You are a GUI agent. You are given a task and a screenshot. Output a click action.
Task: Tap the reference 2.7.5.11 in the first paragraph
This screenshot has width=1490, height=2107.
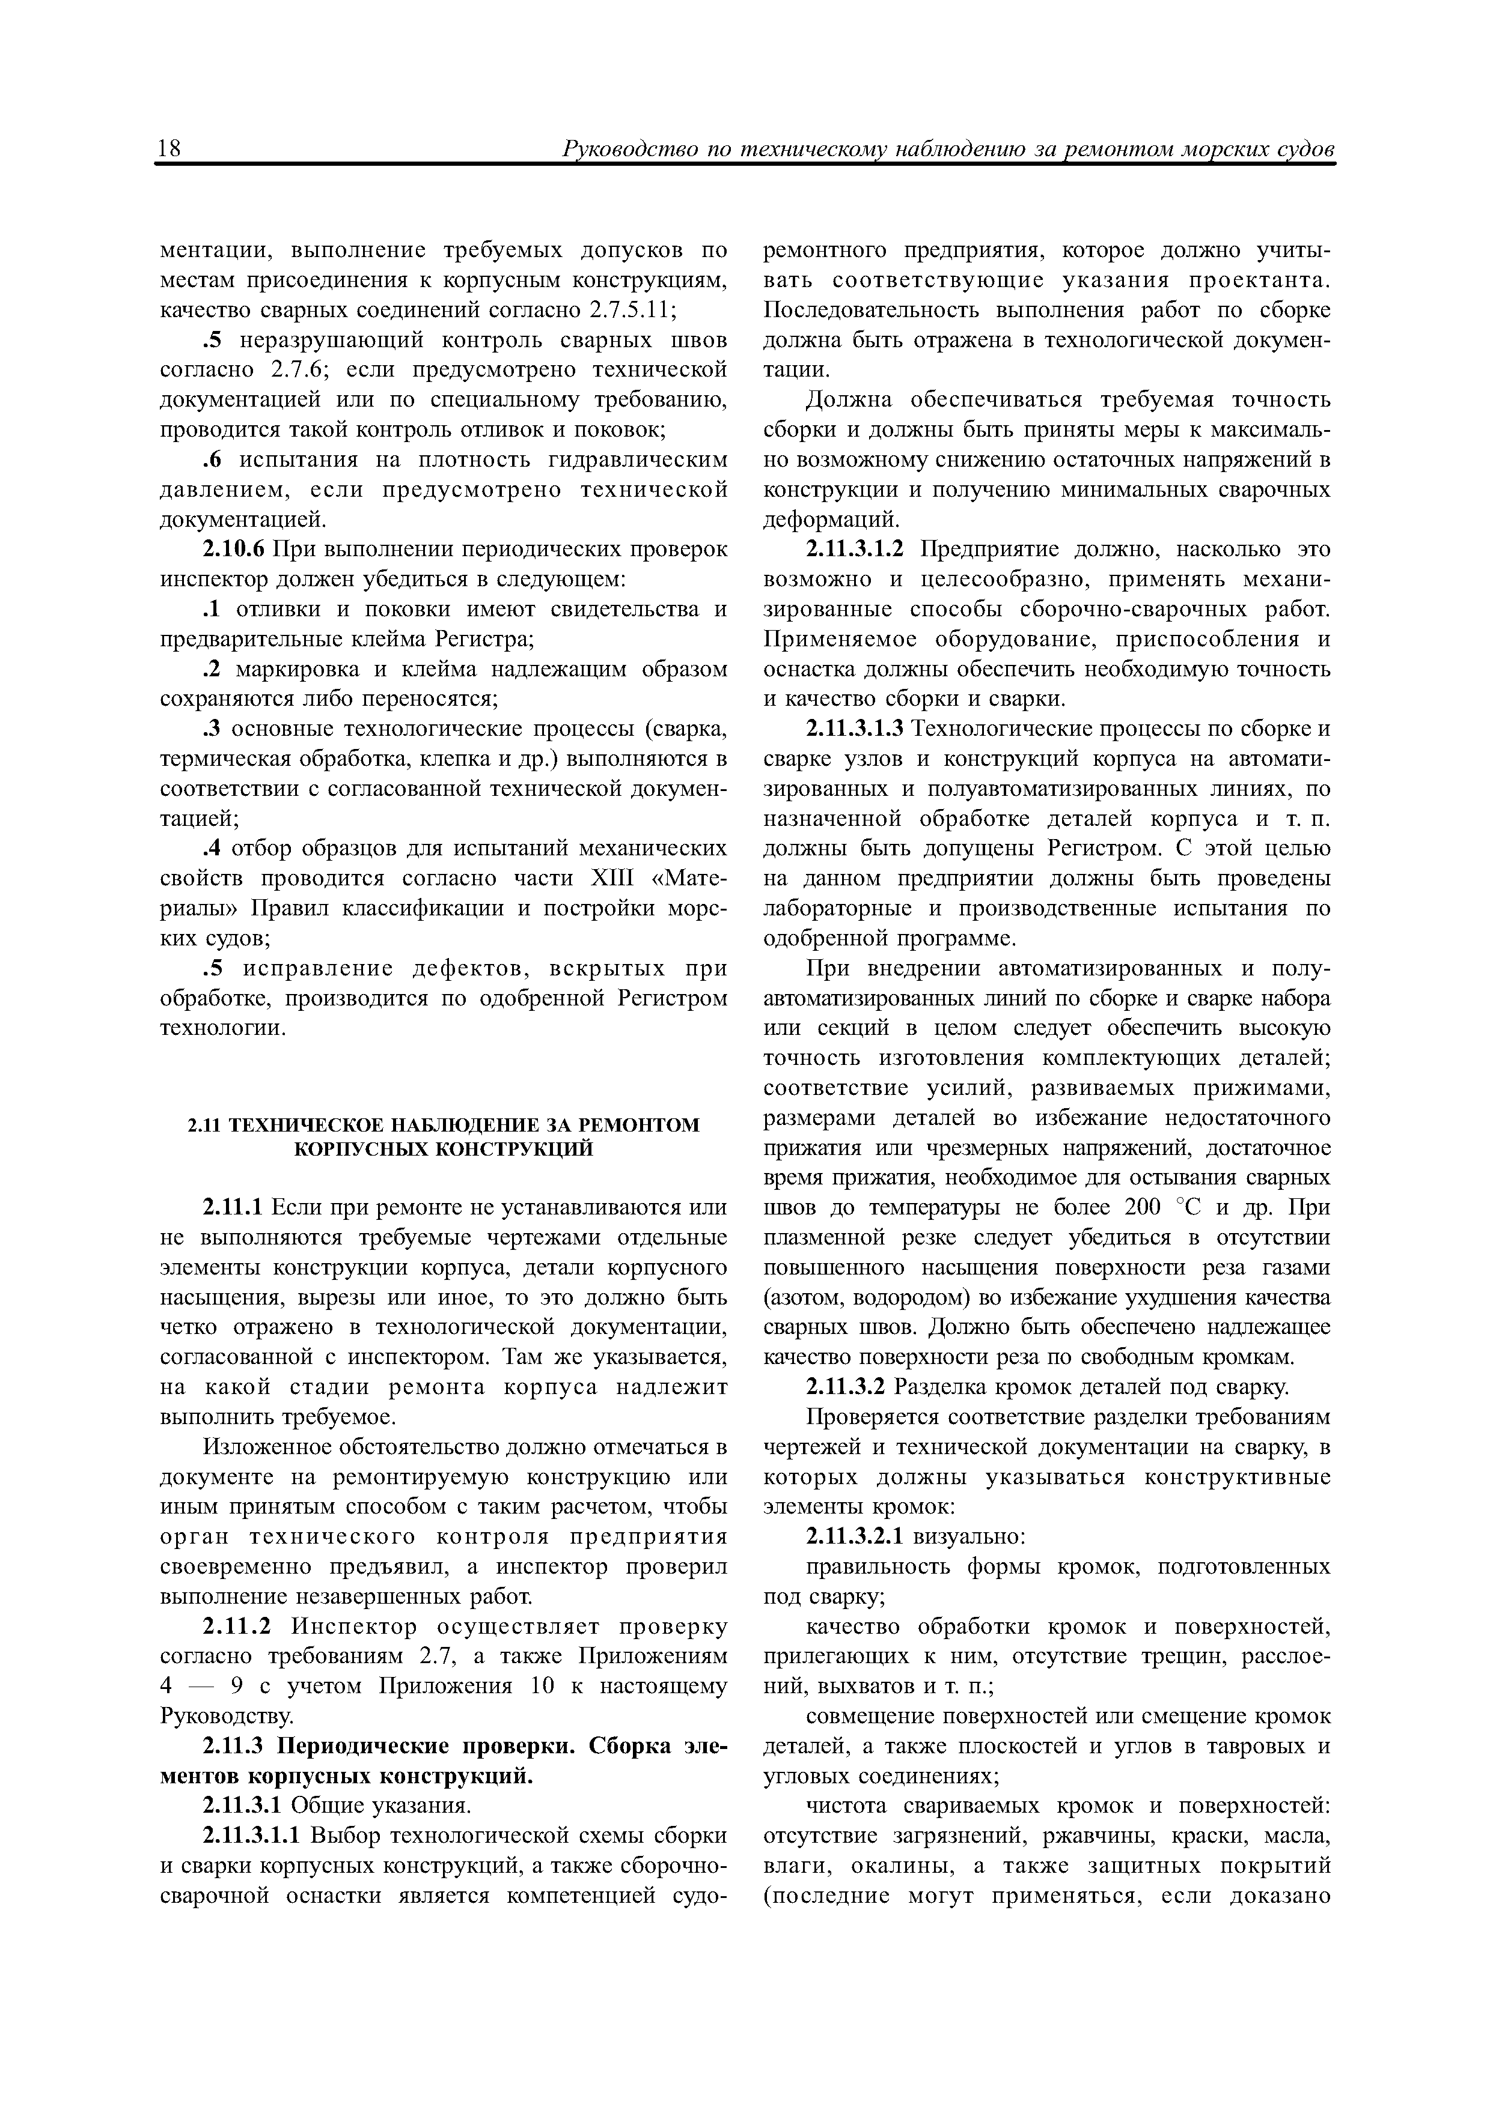click(x=628, y=310)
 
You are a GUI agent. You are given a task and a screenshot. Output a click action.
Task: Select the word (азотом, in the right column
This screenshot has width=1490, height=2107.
click(x=802, y=1299)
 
